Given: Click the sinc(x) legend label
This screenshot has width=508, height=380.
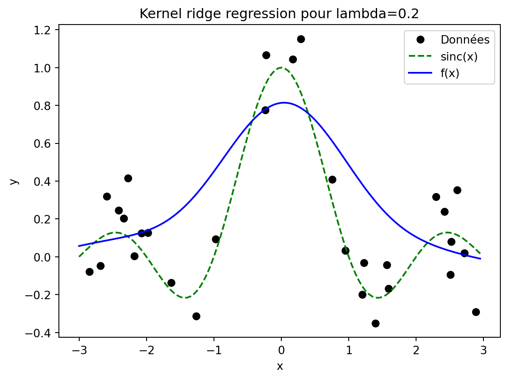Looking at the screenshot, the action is click(x=459, y=57).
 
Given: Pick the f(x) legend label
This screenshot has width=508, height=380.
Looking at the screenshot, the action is click(x=450, y=74).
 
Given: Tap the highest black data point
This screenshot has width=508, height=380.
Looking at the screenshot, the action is click(x=301, y=39).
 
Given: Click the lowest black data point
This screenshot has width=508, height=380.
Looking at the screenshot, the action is click(x=375, y=323).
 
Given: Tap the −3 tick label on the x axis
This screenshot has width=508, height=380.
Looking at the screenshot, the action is click(x=79, y=350).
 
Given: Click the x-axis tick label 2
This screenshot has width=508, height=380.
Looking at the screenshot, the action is click(x=416, y=350).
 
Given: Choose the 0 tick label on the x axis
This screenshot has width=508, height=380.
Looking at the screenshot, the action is click(x=281, y=350).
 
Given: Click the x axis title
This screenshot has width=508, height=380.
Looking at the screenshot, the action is click(x=280, y=366).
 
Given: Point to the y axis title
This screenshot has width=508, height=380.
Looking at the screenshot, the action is click(x=14, y=181).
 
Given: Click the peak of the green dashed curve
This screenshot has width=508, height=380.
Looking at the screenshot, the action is click(x=281, y=68).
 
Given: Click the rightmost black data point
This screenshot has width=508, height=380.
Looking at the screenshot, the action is click(x=476, y=312).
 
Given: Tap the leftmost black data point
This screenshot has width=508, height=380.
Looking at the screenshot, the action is click(x=90, y=272).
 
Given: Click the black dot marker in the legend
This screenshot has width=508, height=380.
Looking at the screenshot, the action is click(x=420, y=39).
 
